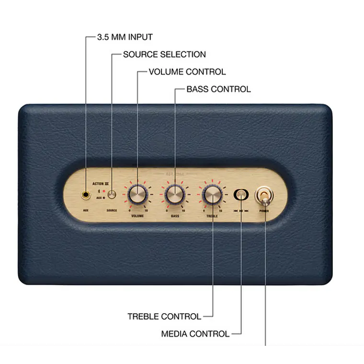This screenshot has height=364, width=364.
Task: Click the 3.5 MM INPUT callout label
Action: [x=125, y=37]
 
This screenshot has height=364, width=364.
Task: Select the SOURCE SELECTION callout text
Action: [x=164, y=54]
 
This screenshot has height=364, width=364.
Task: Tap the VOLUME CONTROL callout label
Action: [x=187, y=72]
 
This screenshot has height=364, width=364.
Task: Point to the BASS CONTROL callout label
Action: [x=218, y=89]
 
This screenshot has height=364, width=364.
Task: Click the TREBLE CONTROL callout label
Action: [x=164, y=316]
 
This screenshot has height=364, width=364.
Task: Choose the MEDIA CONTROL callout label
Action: [x=195, y=334]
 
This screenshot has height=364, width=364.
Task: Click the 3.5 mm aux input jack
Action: [x=86, y=195]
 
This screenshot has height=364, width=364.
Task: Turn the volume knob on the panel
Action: [x=137, y=194]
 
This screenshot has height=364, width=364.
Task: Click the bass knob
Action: [x=174, y=194]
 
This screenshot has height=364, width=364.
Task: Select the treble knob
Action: [x=212, y=194]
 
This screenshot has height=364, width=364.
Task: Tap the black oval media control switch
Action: [x=241, y=194]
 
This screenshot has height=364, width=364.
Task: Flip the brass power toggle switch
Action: [x=263, y=195]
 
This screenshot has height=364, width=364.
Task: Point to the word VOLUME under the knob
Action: [x=137, y=216]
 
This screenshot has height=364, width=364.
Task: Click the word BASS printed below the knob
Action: [x=175, y=216]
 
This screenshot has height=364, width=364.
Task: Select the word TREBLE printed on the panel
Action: [x=212, y=216]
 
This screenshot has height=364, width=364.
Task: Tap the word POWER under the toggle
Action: [x=264, y=211]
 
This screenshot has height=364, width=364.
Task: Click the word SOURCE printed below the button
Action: [x=112, y=210]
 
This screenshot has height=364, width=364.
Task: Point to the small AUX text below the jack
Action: [x=86, y=210]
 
